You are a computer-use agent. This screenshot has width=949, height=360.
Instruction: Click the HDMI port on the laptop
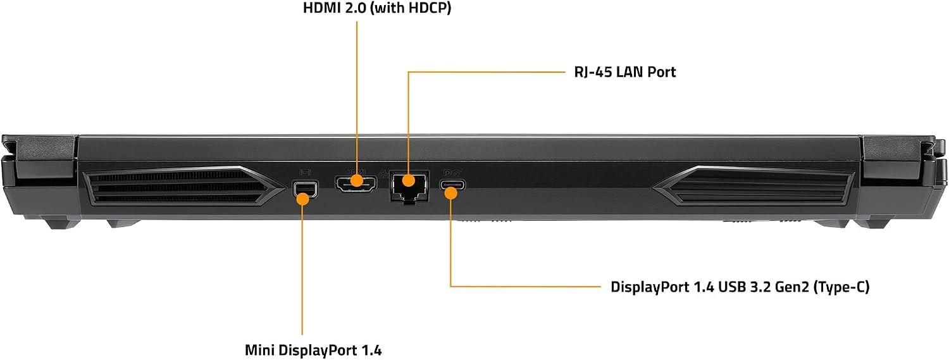(356, 185)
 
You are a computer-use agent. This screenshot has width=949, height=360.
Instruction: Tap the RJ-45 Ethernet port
(409, 187)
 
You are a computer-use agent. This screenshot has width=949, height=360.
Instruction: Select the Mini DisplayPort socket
(304, 189)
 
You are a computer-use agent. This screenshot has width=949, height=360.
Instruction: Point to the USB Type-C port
(452, 185)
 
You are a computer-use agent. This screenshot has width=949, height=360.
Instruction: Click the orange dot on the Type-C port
(451, 193)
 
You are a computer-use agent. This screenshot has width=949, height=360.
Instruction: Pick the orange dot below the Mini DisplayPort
(303, 199)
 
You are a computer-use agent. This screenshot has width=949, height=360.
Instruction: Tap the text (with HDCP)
(411, 8)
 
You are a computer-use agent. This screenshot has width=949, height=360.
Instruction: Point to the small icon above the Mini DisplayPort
(305, 173)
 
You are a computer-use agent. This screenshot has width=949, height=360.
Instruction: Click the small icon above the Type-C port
(450, 173)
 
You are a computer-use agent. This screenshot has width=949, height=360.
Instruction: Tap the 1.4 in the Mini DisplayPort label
(371, 351)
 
